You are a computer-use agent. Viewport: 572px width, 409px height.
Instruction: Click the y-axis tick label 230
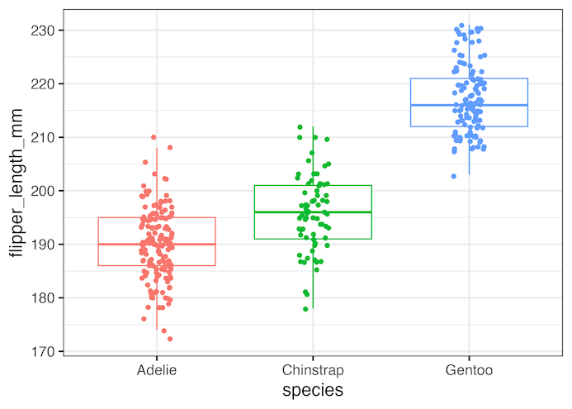click(45, 31)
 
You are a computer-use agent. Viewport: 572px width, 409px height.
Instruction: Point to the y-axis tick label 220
click(45, 84)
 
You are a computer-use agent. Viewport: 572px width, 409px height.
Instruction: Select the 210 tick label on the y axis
click(45, 137)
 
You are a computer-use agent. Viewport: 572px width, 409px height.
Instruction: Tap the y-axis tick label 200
click(45, 191)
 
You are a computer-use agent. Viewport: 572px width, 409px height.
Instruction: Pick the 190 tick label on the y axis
click(45, 245)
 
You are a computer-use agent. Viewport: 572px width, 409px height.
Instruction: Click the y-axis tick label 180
click(45, 298)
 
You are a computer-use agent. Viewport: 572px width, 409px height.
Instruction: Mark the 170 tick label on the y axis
click(45, 351)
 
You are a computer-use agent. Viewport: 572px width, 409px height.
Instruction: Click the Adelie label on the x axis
click(157, 370)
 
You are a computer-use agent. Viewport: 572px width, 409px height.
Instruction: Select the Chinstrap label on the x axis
click(313, 370)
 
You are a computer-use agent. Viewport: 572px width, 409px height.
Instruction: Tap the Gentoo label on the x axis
click(469, 370)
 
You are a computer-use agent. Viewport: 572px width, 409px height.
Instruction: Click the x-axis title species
click(313, 390)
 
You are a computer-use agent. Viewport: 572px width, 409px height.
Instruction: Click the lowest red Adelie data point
click(170, 339)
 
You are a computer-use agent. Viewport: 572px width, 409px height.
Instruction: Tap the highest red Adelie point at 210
click(154, 137)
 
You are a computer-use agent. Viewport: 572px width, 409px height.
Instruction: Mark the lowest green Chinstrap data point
click(305, 309)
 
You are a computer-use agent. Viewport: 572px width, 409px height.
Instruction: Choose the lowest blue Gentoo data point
click(454, 176)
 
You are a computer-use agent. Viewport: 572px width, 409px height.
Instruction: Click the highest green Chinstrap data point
click(300, 127)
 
